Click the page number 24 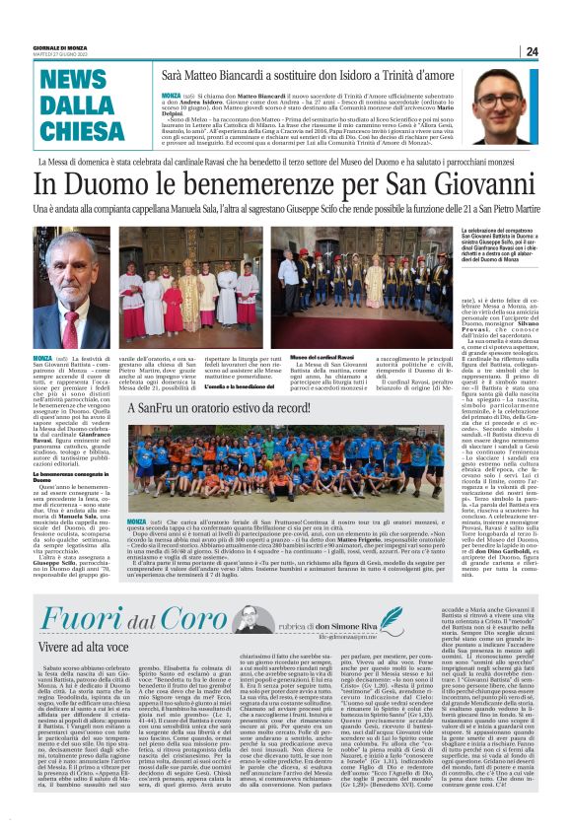(532, 52)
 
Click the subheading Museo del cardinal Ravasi (315, 356)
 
